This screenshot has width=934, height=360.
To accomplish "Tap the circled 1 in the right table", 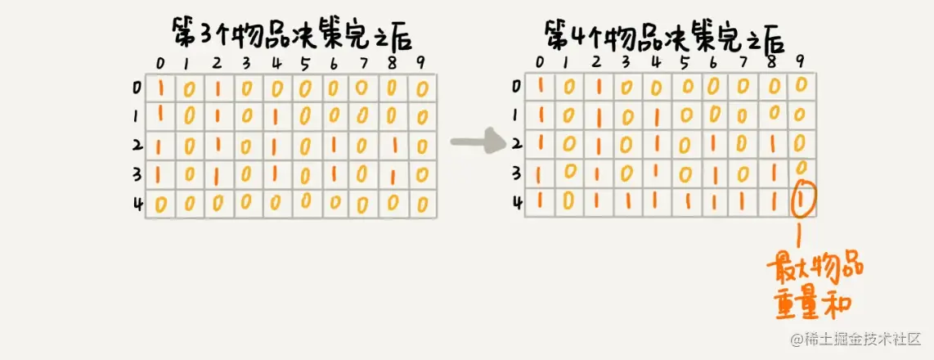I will click(802, 201).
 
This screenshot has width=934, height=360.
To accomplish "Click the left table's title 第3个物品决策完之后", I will click(290, 35).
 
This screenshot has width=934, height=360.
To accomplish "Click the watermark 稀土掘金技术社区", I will click(855, 338).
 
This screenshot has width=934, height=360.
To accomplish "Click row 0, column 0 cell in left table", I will click(160, 87).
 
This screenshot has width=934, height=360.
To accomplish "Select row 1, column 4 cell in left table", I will click(277, 117).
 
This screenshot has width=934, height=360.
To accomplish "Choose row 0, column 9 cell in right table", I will click(802, 84).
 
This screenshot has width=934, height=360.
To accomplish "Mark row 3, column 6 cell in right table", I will click(714, 173).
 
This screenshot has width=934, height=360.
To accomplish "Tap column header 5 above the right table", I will click(685, 62).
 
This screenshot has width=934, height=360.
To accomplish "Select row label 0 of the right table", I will click(515, 85).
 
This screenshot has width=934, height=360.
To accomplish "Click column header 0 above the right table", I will click(539, 62).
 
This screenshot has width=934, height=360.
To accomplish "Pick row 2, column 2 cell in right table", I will click(598, 144).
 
